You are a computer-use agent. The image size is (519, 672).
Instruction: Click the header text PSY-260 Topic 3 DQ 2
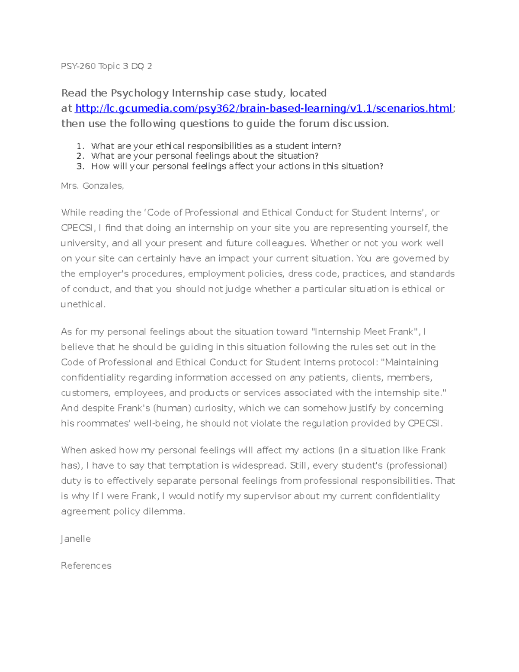(106, 66)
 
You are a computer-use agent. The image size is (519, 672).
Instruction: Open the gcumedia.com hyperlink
(263, 108)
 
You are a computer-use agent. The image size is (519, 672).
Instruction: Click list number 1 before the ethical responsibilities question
(80, 146)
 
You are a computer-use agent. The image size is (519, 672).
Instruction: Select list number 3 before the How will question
(80, 167)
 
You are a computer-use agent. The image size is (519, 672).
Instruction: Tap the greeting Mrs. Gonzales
(93, 186)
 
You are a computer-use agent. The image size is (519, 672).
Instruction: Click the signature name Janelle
(76, 539)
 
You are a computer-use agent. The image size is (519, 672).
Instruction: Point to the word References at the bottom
(86, 566)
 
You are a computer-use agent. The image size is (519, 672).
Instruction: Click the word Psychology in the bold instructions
(140, 93)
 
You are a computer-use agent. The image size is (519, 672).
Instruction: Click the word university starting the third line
(83, 243)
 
